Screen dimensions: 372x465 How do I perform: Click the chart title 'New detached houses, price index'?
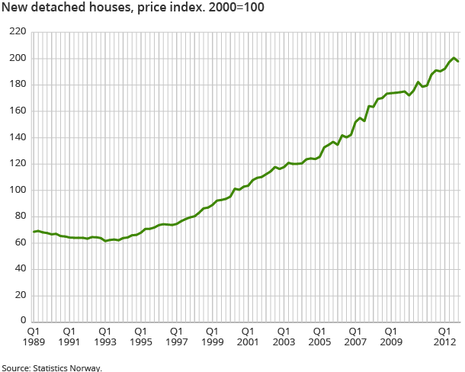88,9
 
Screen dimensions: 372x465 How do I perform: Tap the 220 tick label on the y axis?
18,32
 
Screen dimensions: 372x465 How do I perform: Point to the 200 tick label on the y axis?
18,59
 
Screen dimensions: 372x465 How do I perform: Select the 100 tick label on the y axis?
18,190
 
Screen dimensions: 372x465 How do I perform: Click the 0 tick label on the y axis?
23,321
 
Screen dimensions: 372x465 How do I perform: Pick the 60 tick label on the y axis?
20,242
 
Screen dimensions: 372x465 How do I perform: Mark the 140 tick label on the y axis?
18,137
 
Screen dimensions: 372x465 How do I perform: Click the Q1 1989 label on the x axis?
34,338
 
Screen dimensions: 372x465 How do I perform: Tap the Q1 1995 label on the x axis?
140,338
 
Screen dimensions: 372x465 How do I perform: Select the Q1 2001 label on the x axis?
248,338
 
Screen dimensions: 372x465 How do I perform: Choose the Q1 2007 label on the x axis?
355,338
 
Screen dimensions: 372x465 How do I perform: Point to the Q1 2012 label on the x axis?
445,338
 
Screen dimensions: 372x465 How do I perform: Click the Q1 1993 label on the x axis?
105,338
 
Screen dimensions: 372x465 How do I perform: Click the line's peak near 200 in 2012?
454,58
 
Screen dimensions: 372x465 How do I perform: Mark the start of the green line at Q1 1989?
34,232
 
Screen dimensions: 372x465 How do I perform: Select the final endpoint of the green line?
458,61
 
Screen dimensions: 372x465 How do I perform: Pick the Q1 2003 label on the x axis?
284,338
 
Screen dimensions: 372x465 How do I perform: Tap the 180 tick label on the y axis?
18,85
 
